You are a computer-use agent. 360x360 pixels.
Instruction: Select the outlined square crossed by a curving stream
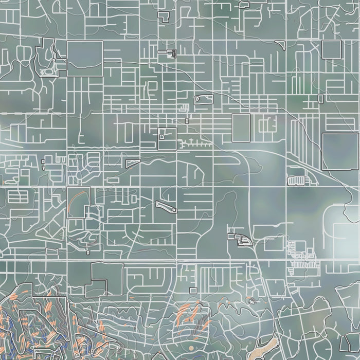84,59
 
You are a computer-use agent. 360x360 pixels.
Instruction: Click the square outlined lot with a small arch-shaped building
167,138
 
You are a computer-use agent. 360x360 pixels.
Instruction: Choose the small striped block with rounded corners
296,181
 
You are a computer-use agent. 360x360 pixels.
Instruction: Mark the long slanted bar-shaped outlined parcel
166,206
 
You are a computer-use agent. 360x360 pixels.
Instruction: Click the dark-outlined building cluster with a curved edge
240,238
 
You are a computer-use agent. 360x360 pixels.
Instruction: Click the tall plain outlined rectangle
241,128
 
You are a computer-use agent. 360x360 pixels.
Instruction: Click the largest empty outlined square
340,151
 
